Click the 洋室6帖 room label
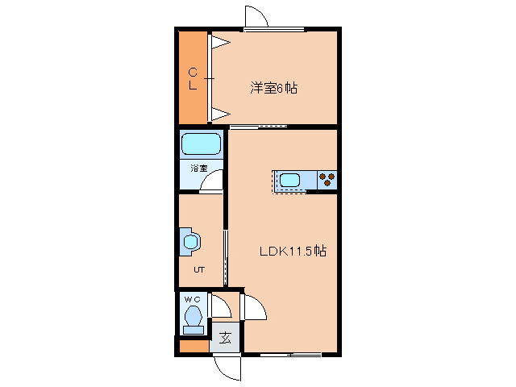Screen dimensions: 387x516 (273, 88)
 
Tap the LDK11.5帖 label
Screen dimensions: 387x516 (292, 251)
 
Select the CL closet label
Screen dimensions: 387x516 (193, 77)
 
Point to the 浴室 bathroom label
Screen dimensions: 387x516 (199, 169)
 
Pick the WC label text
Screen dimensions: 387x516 (192, 300)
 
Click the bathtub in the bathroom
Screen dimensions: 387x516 (201, 145)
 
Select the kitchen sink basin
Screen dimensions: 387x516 (290, 180)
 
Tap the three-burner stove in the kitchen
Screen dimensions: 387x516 (327, 180)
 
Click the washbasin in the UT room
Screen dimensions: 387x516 (190, 241)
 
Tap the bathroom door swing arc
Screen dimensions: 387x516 (212, 182)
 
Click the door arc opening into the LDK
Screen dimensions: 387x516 (254, 308)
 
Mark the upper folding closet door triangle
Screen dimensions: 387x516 (220, 41)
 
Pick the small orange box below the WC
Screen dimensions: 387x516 (193, 347)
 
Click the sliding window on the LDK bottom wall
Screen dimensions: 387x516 (290, 354)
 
